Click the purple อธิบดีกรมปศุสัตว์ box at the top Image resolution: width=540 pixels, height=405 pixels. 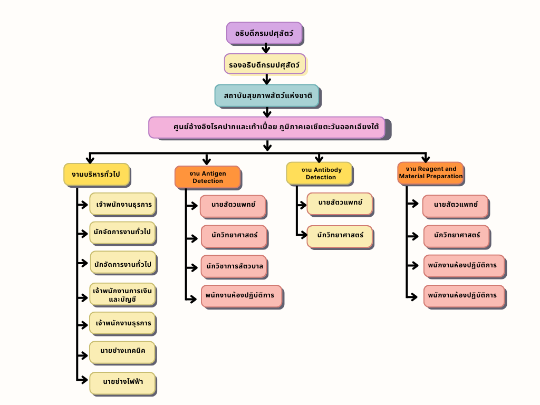(x=264, y=33)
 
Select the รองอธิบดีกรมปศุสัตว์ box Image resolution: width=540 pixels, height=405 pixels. (x=264, y=64)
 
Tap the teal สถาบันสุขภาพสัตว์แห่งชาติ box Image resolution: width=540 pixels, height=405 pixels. (x=266, y=95)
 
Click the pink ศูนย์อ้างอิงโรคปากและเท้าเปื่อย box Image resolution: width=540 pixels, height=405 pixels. (x=266, y=127)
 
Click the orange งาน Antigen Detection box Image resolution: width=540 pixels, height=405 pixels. (x=207, y=177)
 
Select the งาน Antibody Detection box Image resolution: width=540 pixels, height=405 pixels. (x=319, y=173)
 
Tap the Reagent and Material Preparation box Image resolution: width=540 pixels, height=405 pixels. (x=430, y=172)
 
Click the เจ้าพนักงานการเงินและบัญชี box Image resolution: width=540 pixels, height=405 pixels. (x=122, y=294)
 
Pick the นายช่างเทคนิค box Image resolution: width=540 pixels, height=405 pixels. (x=122, y=351)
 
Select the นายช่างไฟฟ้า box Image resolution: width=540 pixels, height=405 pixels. (x=122, y=381)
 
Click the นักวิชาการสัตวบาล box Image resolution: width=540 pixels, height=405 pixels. (x=234, y=265)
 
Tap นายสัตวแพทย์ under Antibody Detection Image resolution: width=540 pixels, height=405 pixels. (x=340, y=204)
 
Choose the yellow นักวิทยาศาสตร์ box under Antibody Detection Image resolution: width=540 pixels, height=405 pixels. (x=340, y=236)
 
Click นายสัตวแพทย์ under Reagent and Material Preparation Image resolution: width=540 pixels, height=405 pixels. (x=455, y=205)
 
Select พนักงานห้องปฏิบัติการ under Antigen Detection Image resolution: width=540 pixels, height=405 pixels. (x=241, y=295)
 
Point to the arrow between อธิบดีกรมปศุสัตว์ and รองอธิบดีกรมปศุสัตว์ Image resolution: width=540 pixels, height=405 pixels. (x=266, y=49)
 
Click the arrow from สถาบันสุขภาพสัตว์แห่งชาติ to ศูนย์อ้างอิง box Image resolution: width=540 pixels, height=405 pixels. (x=267, y=112)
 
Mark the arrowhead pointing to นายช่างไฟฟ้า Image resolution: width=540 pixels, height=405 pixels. (x=84, y=379)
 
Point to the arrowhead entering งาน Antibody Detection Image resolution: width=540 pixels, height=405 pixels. (x=319, y=159)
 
